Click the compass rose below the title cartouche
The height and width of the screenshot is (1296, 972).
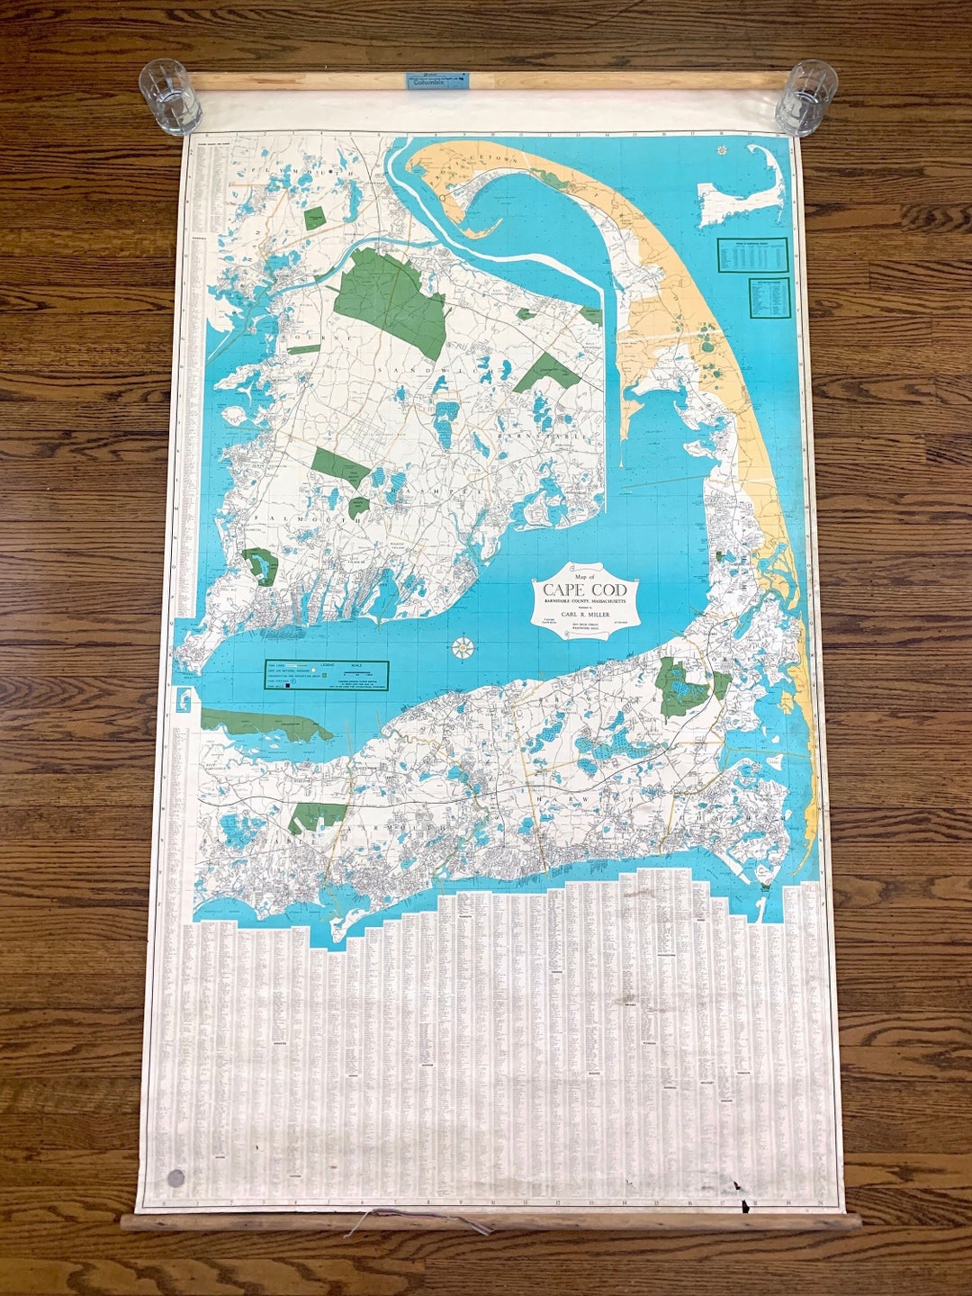pos(464,646)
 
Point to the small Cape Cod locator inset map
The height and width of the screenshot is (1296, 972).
pos(742,191)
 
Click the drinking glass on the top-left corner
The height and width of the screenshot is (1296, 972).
pos(169,96)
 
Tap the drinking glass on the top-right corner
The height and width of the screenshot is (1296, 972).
pos(806,97)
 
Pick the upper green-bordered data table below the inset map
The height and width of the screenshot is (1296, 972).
pos(752,255)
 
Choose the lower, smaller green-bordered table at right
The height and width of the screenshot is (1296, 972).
pos(769,298)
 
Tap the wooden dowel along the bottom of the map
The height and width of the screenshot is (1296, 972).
pos(490,1221)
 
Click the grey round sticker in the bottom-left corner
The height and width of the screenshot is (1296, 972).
pos(175,1178)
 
